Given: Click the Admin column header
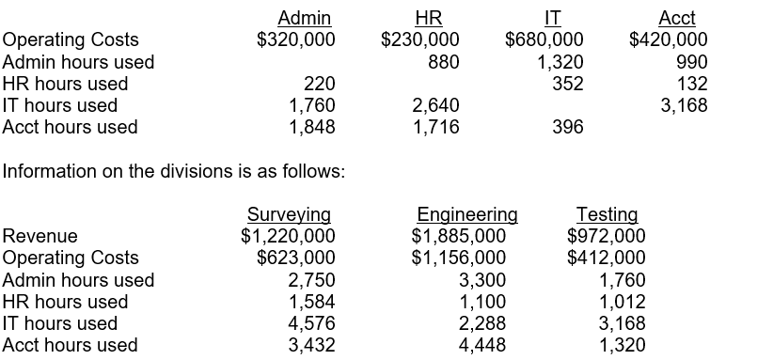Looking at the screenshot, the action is [304, 17].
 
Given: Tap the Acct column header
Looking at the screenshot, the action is [677, 17].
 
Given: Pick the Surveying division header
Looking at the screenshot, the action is [288, 214].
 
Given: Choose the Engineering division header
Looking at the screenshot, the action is [466, 214].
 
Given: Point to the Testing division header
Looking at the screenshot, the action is [607, 214].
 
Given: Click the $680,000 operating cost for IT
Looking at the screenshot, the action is [544, 39].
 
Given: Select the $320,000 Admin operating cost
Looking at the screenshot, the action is [295, 39].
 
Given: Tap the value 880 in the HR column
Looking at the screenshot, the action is [443, 61].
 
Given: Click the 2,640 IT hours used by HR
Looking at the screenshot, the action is [435, 105].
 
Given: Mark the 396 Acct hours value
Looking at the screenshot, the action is [567, 127].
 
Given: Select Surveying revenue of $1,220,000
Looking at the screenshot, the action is [288, 236].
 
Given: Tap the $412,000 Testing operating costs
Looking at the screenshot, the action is [607, 258].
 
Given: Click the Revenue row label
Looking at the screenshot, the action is [40, 236].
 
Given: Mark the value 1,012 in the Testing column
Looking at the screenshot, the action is [622, 302].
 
